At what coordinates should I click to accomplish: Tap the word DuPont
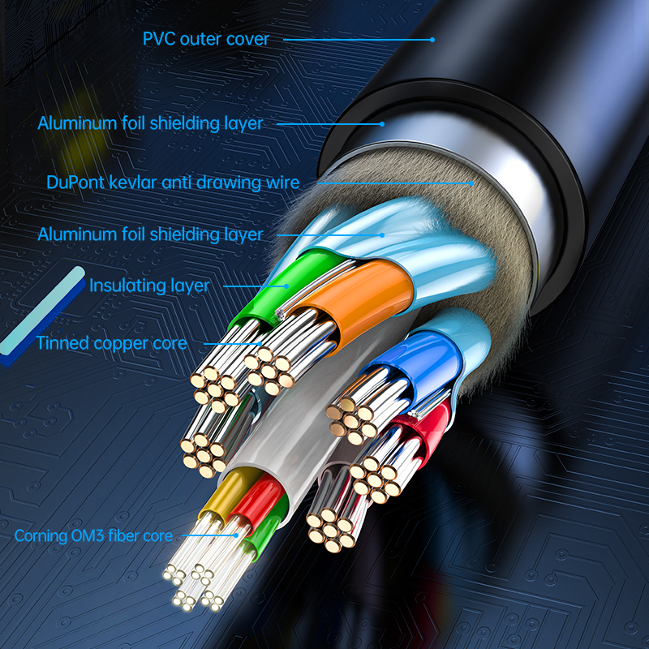point(74,183)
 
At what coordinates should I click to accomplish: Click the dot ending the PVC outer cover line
point(432,39)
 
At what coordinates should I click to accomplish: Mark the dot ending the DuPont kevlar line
point(471,183)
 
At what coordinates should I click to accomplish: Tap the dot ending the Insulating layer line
point(287,286)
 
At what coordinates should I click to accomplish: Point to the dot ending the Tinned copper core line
point(259,343)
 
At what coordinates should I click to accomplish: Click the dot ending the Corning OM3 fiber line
point(238,535)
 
